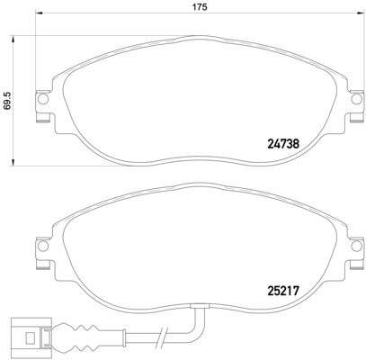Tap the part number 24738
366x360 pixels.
point(284,141)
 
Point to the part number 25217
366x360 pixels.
point(284,290)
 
